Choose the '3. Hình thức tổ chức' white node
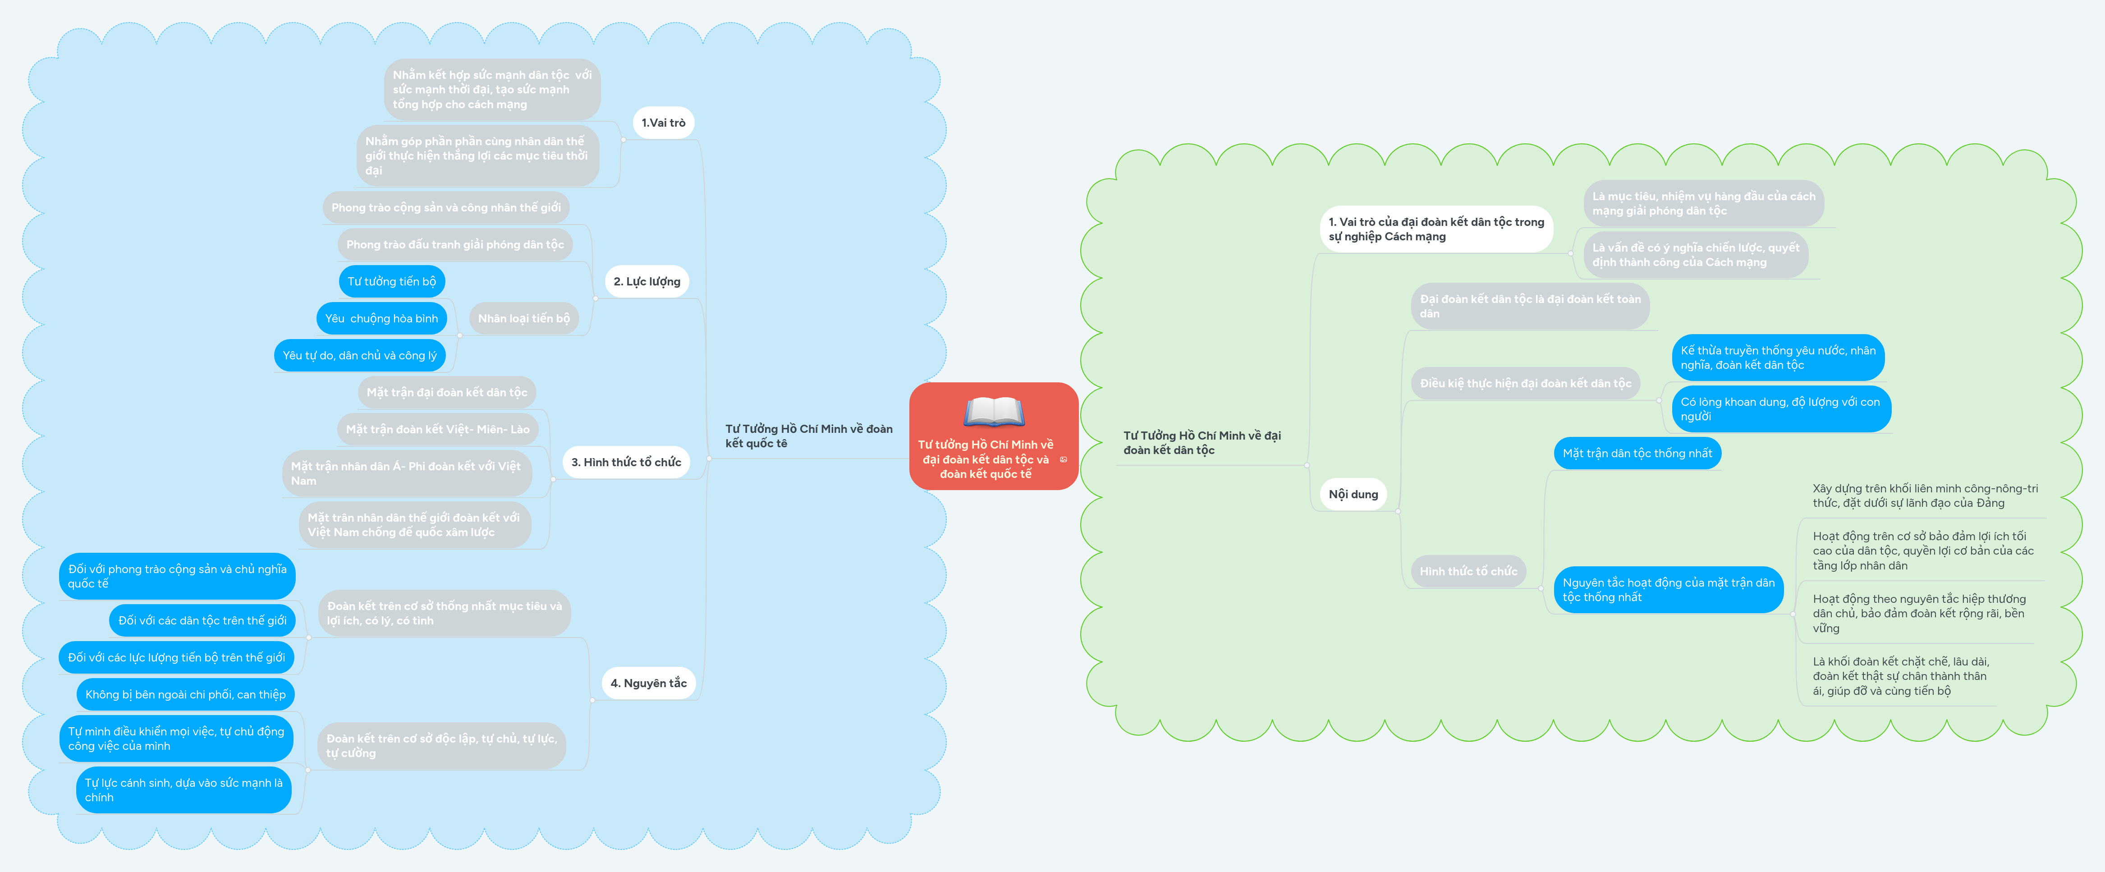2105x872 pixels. tap(626, 462)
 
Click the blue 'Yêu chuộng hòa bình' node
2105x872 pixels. tap(381, 318)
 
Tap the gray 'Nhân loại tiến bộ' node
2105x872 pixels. tap(524, 318)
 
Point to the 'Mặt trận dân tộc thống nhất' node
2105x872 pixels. tap(1637, 453)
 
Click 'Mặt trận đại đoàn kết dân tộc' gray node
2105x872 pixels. tap(446, 392)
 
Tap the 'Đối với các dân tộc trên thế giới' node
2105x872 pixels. tap(202, 620)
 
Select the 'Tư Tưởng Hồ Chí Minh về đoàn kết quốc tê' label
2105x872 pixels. tap(808, 436)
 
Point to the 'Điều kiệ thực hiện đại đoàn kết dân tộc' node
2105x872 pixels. tap(1525, 383)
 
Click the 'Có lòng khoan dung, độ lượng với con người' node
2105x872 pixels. tap(1780, 408)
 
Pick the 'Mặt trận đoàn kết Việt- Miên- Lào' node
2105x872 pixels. tap(437, 429)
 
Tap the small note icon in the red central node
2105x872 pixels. tap(1063, 459)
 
